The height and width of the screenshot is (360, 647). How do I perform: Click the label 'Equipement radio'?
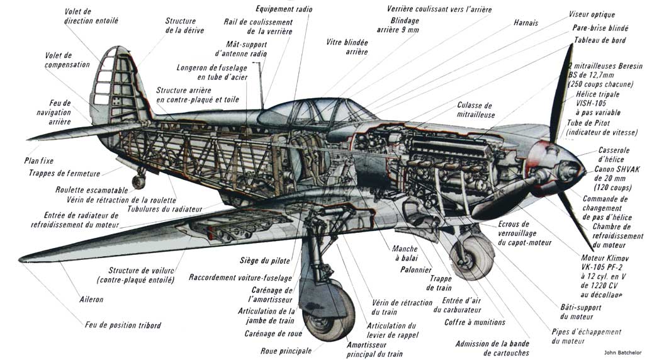pos(283,9)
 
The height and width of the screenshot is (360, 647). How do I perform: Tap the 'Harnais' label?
pos(526,23)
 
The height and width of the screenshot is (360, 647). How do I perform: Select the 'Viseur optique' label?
pos(592,14)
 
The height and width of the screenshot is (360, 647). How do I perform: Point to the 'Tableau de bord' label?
pos(599,41)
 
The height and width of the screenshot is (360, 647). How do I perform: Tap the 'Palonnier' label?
pos(415,269)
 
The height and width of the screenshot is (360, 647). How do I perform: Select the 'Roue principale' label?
pos(286,351)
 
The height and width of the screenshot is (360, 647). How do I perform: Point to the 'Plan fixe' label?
pos(39,160)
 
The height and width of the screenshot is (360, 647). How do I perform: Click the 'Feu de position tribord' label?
pos(123,325)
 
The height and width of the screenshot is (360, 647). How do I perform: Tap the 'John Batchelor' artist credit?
pos(619,351)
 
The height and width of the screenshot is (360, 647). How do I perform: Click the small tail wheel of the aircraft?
pos(138,182)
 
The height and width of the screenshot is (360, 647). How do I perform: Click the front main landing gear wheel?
pos(473,254)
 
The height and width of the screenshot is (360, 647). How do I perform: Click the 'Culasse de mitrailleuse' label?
pos(475,110)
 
